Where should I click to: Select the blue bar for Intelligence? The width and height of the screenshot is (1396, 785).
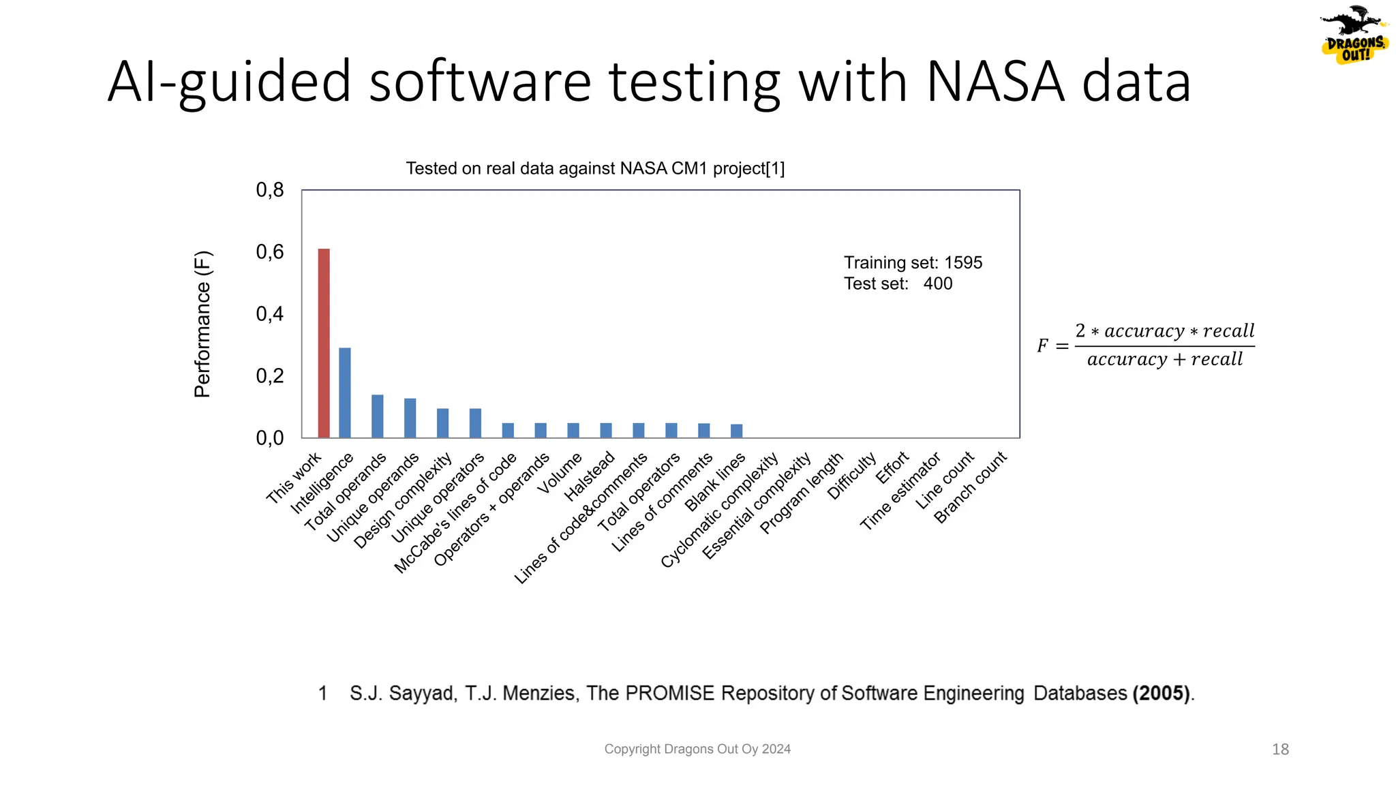click(345, 392)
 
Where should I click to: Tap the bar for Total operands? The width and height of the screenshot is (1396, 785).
click(377, 416)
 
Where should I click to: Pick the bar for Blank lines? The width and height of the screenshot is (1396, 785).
click(736, 431)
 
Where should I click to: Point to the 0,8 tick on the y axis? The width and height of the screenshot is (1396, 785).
click(270, 190)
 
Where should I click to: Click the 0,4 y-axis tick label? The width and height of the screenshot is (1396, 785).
click(270, 314)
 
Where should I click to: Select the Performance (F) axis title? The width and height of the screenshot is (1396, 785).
click(202, 324)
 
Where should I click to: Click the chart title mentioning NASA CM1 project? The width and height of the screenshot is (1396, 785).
click(595, 168)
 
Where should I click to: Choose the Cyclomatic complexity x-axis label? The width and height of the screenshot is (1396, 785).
click(720, 510)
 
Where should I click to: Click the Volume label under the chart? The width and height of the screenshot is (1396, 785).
click(560, 473)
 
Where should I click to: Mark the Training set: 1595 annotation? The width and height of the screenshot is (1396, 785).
click(913, 263)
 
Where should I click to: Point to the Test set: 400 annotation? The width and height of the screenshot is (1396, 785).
click(898, 284)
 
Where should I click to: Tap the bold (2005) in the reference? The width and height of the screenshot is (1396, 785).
click(1162, 694)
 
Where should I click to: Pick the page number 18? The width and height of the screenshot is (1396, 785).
click(1280, 750)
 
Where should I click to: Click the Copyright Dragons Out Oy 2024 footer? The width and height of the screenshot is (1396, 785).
click(697, 750)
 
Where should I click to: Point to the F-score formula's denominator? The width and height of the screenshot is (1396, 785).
click(1164, 360)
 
